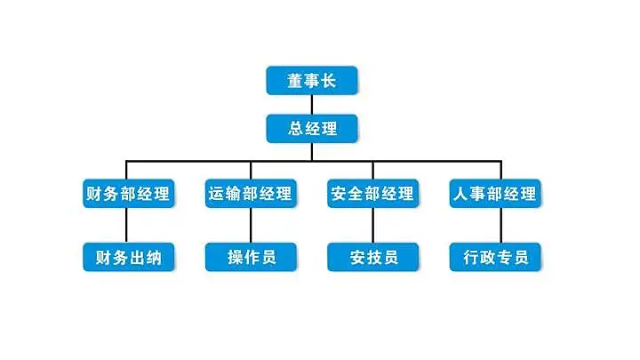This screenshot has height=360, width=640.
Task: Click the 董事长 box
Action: (312, 80)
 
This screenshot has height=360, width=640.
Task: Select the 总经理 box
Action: (312, 129)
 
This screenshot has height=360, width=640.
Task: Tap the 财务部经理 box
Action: (129, 194)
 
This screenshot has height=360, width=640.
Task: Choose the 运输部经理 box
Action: (251, 194)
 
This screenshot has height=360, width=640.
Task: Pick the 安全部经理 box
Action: (372, 194)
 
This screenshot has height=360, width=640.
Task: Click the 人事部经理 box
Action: (495, 194)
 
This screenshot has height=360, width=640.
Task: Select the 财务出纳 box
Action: (129, 257)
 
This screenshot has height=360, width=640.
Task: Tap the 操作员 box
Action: (251, 257)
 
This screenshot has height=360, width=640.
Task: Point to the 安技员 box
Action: (372, 257)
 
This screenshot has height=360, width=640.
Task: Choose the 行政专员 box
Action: (495, 257)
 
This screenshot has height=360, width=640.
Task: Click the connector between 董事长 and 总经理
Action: (312, 105)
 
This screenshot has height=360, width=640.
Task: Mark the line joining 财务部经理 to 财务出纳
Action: (126, 225)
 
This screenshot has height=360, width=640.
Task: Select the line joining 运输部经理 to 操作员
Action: (251, 225)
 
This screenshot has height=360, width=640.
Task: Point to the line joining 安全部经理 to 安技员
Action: (372, 225)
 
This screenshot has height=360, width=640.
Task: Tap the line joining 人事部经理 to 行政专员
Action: (500, 225)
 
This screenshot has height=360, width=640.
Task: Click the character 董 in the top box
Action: (295, 81)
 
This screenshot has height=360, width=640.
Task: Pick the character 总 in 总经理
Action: (295, 129)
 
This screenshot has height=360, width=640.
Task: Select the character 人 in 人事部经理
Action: (460, 194)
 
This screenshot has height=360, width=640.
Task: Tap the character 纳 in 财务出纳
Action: (154, 258)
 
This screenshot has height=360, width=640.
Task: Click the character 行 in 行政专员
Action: (470, 258)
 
